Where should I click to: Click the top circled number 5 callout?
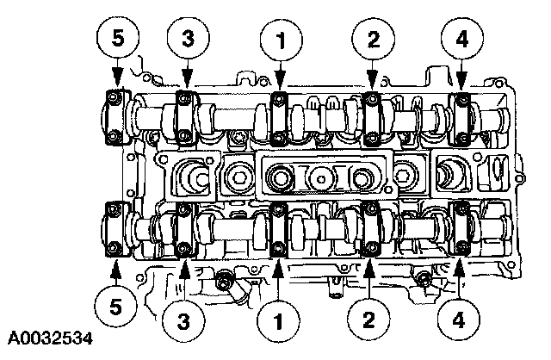pyautogui.click(x=116, y=39)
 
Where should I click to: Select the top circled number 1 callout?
pyautogui.click(x=278, y=39)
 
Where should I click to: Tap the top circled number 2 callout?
pyautogui.click(x=372, y=39)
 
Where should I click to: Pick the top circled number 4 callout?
pyautogui.click(x=462, y=39)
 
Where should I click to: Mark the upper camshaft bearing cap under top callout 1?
pyautogui.click(x=278, y=118)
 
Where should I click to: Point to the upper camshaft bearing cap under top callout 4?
pyautogui.click(x=462, y=118)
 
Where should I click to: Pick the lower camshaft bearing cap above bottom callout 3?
pyautogui.click(x=185, y=229)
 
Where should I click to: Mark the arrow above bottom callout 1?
pyautogui.click(x=278, y=276)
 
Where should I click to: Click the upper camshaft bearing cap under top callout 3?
pyautogui.click(x=185, y=118)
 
